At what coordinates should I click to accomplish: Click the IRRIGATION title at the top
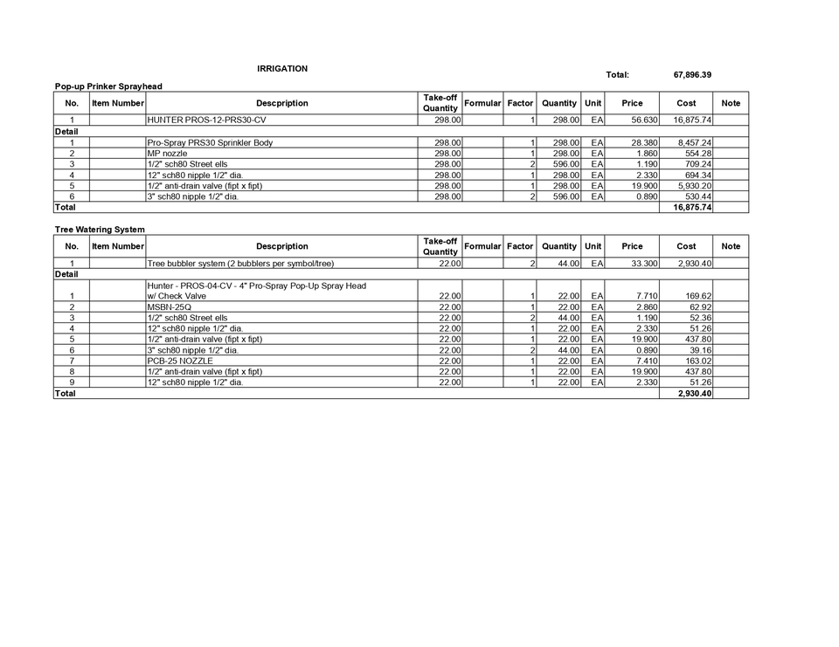pyautogui.click(x=282, y=68)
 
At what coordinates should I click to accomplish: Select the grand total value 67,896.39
pyautogui.click(x=692, y=75)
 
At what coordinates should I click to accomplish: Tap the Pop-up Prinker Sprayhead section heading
pyautogui.click(x=108, y=86)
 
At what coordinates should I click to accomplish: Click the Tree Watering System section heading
pyautogui.click(x=100, y=230)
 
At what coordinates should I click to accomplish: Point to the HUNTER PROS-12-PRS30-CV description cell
pyautogui.click(x=206, y=120)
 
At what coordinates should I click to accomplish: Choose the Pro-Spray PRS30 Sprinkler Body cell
pyautogui.click(x=210, y=142)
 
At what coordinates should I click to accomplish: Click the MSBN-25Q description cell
pyautogui.click(x=170, y=307)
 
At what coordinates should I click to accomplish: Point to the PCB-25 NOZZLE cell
pyautogui.click(x=180, y=361)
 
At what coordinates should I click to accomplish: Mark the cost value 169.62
pyautogui.click(x=699, y=296)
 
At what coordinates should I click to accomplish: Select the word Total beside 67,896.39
pyautogui.click(x=617, y=75)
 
